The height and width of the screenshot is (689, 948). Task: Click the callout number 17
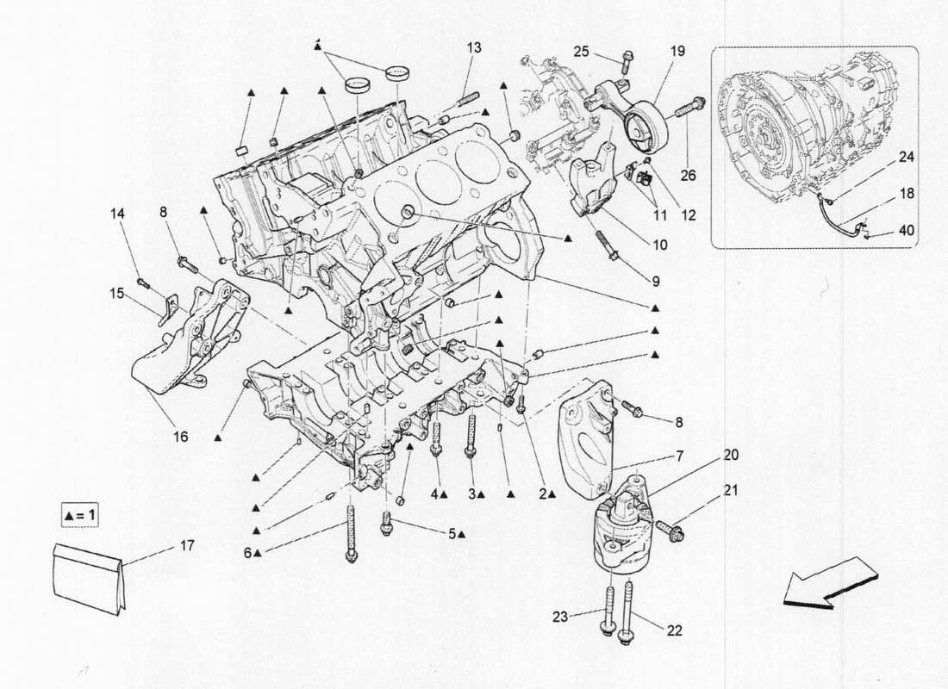188,545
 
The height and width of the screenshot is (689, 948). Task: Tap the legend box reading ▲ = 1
81,516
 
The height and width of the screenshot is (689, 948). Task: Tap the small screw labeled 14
143,282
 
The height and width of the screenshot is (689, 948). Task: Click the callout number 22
674,630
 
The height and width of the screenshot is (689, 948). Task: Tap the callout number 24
906,158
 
